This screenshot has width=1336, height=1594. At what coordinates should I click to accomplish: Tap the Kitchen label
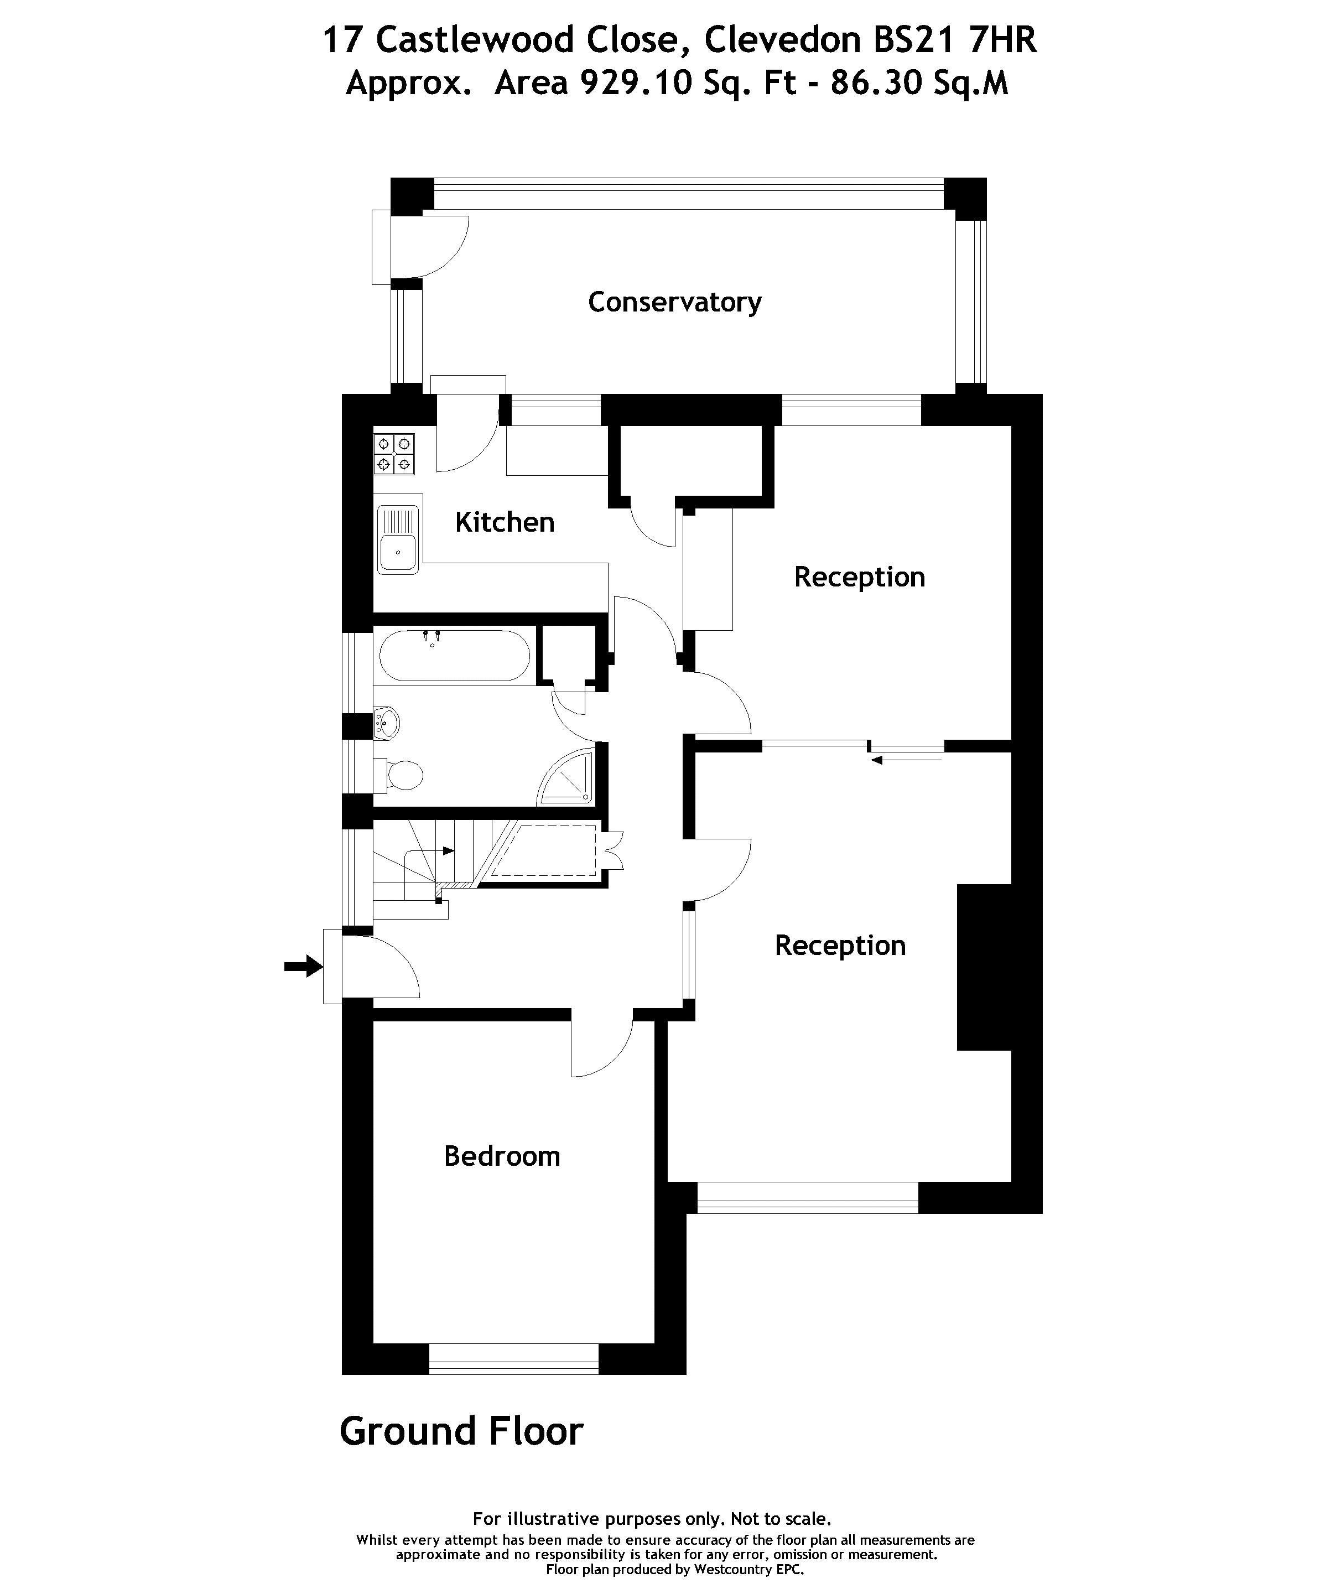click(505, 522)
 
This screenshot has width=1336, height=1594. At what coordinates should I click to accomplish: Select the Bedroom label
click(502, 1156)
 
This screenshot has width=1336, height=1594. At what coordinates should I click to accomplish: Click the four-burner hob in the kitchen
click(394, 453)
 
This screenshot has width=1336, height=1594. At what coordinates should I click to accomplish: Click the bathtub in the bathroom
click(454, 656)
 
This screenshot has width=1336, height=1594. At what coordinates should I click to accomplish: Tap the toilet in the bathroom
click(401, 774)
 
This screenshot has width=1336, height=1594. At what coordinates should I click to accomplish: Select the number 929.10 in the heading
click(636, 82)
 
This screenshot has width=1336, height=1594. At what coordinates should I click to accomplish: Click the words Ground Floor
click(461, 1431)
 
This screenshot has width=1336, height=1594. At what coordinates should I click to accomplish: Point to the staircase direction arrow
click(448, 851)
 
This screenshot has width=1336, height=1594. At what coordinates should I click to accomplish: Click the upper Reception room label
click(859, 578)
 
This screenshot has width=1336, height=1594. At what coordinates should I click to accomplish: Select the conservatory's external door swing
click(433, 247)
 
